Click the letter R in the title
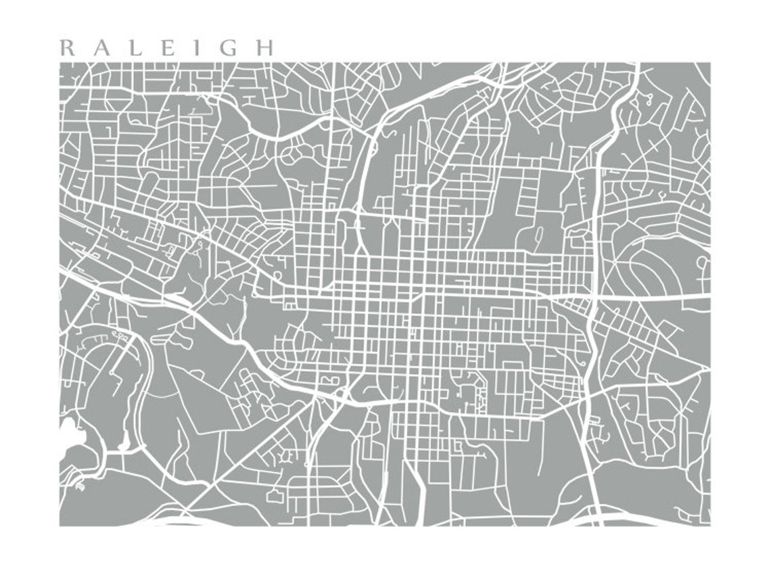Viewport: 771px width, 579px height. [66, 48]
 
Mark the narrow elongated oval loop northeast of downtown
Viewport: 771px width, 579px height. [539, 237]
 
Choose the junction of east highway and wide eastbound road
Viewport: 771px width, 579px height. [592, 297]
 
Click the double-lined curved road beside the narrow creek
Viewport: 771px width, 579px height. [142, 379]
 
